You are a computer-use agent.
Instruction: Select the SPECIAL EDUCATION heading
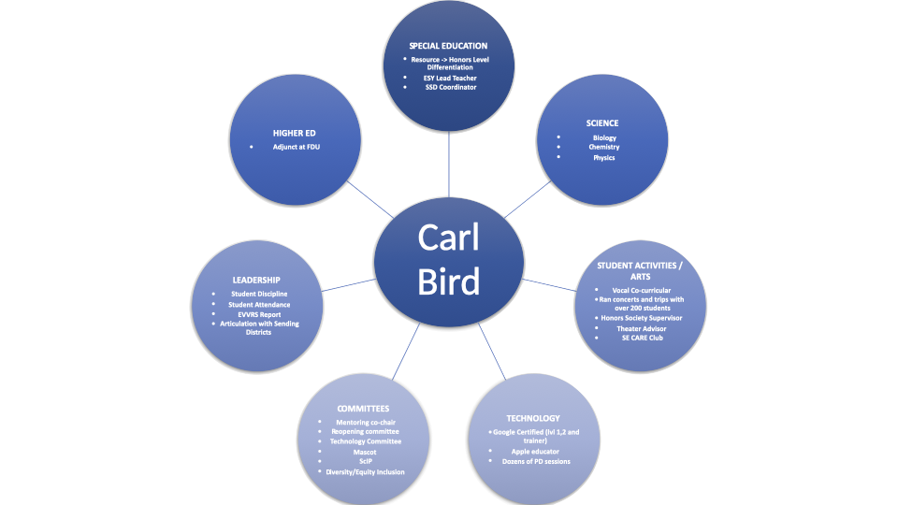click(448, 45)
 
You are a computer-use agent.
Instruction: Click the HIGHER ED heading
click(295, 133)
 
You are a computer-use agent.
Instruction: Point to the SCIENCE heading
click(602, 123)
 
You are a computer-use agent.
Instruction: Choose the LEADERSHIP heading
click(256, 280)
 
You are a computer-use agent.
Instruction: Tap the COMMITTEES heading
click(365, 408)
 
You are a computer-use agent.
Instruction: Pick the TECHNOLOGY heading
click(533, 418)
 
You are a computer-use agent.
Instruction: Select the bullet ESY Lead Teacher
click(451, 78)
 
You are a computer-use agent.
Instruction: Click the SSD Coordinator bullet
click(451, 87)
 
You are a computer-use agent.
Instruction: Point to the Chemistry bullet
click(604, 147)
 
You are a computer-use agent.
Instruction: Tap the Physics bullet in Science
click(604, 157)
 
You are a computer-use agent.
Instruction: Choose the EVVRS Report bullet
click(257, 314)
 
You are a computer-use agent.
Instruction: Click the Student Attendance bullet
click(260, 304)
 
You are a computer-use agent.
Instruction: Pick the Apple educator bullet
click(535, 451)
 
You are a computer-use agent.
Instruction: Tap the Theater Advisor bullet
click(642, 328)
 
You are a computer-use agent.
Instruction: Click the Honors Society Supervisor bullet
click(642, 318)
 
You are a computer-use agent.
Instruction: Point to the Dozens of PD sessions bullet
click(535, 461)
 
